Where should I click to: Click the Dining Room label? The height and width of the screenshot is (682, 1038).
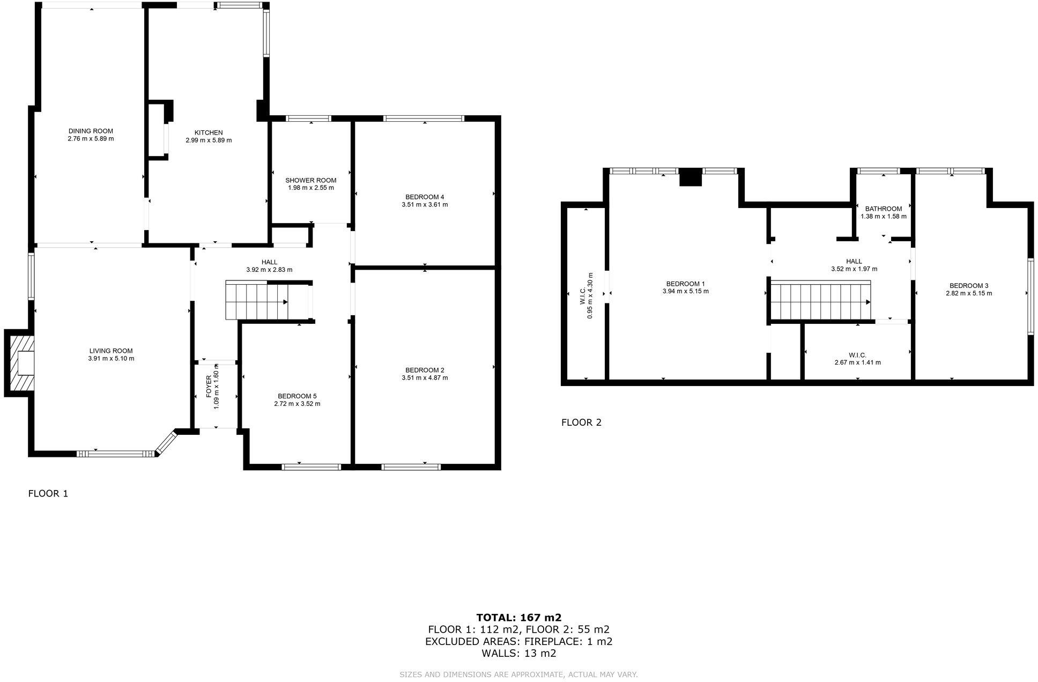[x=91, y=131]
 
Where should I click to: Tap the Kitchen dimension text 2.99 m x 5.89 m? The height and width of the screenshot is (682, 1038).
[x=209, y=140]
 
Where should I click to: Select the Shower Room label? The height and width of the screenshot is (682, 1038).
[x=310, y=180]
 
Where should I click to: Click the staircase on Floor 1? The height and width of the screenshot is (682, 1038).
[x=257, y=301]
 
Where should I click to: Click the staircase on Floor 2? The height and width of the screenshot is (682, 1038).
[x=819, y=301]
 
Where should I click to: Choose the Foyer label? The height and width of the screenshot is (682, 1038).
[x=209, y=386]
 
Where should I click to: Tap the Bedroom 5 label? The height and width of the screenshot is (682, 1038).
[x=297, y=396]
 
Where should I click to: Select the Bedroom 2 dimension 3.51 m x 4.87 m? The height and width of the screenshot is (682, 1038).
[x=425, y=378]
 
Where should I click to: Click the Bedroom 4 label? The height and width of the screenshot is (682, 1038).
[x=425, y=197]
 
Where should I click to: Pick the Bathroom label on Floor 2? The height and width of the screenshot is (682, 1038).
[x=883, y=209]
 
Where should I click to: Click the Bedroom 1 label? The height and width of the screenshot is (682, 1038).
[x=685, y=284]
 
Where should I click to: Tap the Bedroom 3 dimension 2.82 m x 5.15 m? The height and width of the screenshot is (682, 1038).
[x=968, y=293]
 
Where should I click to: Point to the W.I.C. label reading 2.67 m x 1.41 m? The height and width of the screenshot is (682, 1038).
[x=857, y=362]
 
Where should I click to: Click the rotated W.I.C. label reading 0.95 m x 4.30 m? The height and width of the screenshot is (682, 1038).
[x=586, y=295]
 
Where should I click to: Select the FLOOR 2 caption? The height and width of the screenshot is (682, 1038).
[x=581, y=422]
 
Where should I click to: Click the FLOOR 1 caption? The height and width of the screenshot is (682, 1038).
[x=48, y=494]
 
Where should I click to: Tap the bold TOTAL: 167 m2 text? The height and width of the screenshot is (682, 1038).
[x=518, y=618]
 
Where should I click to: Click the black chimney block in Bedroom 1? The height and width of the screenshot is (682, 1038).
[x=690, y=177]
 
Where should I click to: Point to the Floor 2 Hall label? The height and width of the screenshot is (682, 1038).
[x=854, y=262]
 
